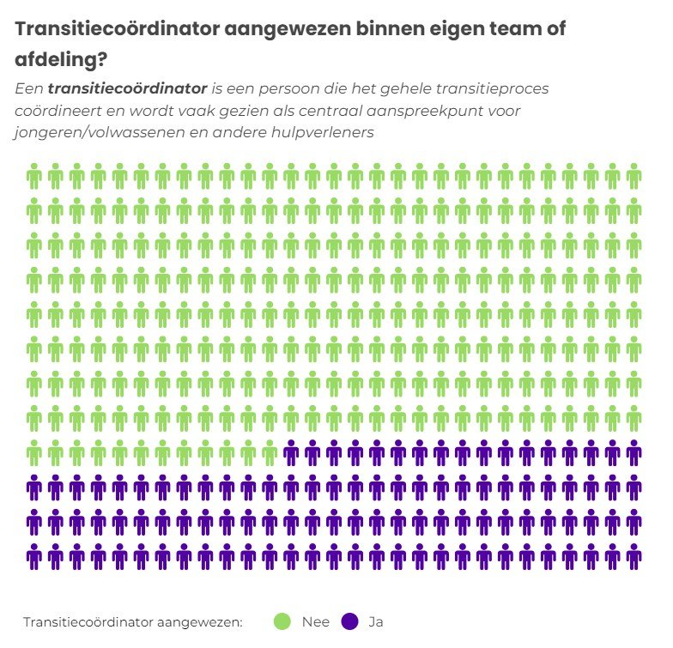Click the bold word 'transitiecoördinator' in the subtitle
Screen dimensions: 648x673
(x=128, y=88)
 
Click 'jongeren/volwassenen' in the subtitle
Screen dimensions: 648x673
(x=95, y=133)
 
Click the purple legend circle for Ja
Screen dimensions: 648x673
(x=350, y=621)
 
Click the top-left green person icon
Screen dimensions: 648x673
(x=34, y=176)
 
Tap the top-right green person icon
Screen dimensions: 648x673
(x=634, y=176)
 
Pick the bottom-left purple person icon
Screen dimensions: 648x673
(x=34, y=556)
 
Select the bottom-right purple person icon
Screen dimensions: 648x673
(x=634, y=556)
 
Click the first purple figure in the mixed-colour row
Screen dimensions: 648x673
(x=291, y=452)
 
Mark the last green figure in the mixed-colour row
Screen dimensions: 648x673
(x=270, y=452)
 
